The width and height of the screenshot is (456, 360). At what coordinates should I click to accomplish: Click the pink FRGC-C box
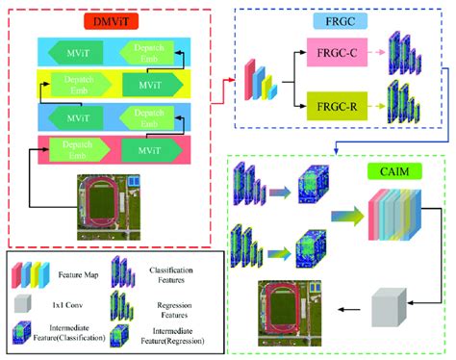point(337,56)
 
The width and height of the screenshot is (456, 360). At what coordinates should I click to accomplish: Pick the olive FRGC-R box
point(337,103)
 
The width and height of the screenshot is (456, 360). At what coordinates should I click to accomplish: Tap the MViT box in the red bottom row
point(147,152)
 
